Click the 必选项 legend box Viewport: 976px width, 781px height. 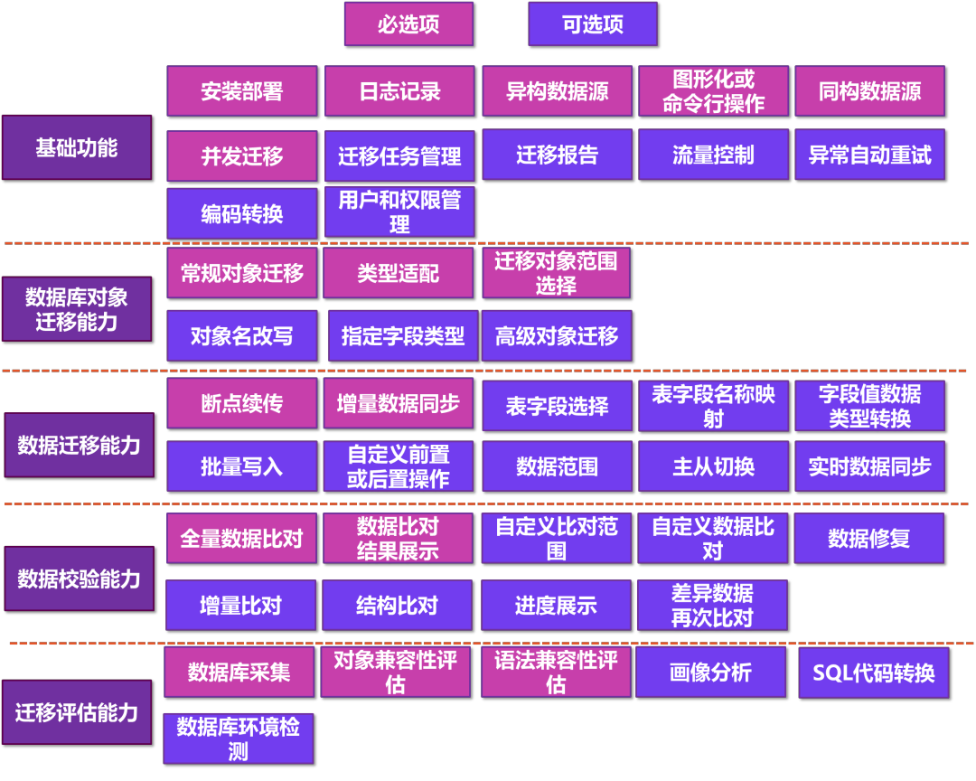tap(408, 24)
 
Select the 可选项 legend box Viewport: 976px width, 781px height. tap(593, 24)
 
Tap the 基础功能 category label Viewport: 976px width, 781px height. tap(77, 147)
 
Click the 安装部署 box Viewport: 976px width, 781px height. tap(242, 91)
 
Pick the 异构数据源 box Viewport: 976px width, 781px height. tap(557, 91)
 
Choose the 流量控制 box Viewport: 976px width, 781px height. tap(713, 155)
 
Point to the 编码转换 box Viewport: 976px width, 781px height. tap(242, 213)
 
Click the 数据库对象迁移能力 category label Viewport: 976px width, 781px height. tap(77, 309)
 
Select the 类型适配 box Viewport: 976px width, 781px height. tap(398, 273)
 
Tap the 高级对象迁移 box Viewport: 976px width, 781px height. tap(557, 336)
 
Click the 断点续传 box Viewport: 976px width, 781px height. tap(242, 403)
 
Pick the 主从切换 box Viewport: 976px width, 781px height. tap(713, 466)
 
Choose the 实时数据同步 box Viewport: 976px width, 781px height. tap(869, 466)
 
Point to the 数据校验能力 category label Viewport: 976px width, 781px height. tap(79, 579)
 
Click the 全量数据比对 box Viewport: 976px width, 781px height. tap(241, 539)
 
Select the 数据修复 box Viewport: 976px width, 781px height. tap(868, 539)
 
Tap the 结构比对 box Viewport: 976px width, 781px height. tap(397, 606)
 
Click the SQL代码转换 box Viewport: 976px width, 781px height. tap(874, 673)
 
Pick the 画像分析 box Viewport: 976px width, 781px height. tap(710, 673)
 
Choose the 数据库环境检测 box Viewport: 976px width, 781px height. tap(239, 739)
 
